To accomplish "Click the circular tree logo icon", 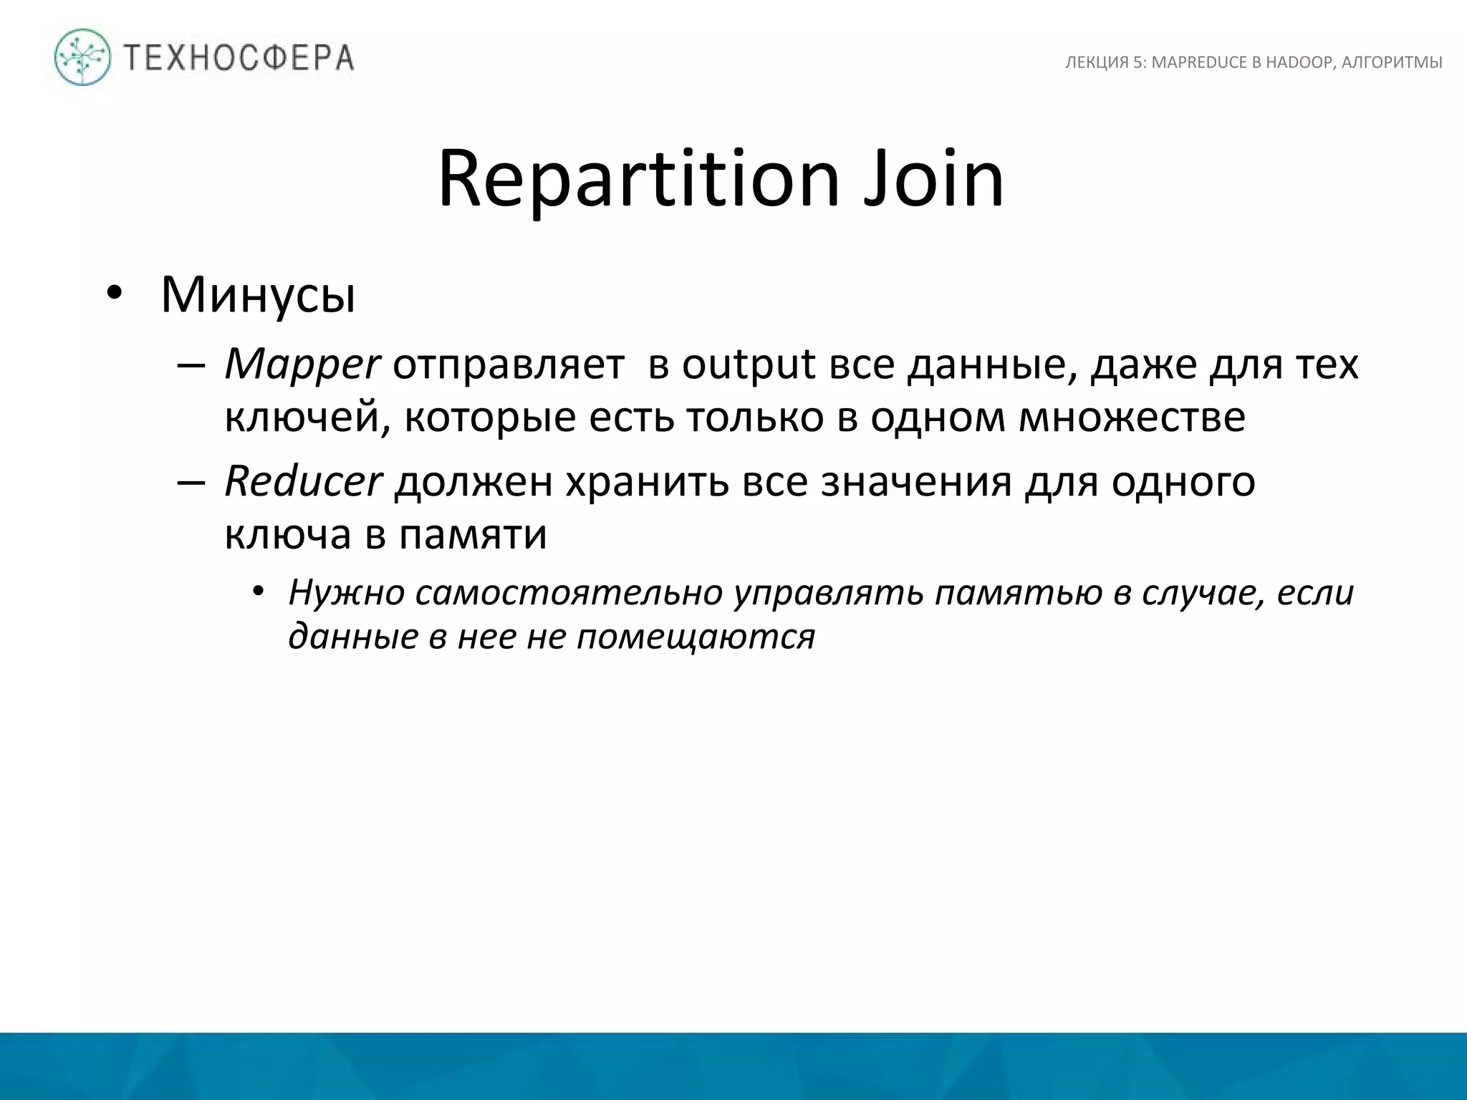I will [83, 57].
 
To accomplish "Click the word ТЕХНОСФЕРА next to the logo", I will [239, 57].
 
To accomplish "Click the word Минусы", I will [258, 294].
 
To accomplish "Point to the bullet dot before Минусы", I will [114, 294].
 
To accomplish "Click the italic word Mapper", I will [302, 365].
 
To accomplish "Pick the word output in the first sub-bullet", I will [748, 365].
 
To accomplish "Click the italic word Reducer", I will [303, 481].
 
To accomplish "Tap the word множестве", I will [1132, 418].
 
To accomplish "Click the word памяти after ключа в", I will [473, 534].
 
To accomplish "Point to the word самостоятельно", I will [568, 593].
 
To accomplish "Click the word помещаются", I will [696, 636].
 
